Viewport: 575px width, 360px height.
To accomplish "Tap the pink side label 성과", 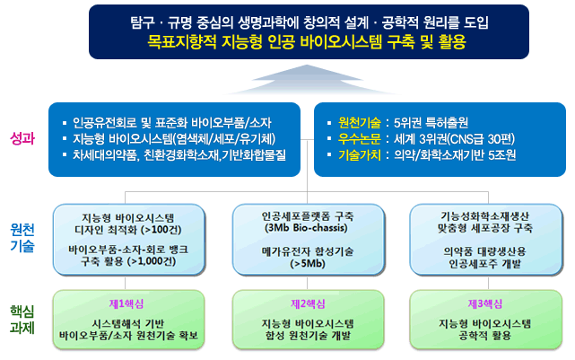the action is tap(22, 139).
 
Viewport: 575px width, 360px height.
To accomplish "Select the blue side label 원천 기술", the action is tap(22, 237).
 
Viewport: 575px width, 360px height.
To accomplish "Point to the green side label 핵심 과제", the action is tap(22, 320).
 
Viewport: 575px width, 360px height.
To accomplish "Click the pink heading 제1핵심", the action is tap(126, 303).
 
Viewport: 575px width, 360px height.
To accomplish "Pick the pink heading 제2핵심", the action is tap(308, 303).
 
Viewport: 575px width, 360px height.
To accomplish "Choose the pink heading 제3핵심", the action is tap(484, 303).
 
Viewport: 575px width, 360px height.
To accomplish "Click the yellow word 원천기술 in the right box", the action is tap(360, 123).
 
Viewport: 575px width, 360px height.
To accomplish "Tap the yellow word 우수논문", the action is tap(360, 139).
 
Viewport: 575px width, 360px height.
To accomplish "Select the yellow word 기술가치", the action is tap(360, 154).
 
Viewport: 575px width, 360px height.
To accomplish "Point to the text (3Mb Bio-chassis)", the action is tap(306, 228).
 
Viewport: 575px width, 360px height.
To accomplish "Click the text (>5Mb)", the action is tap(308, 263).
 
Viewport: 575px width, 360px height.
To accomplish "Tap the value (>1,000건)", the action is tap(152, 261).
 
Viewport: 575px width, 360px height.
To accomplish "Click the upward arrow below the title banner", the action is tap(308, 80).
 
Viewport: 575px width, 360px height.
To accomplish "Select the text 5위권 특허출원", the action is tap(431, 123).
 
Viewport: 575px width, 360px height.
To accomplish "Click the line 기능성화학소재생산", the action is tap(484, 216).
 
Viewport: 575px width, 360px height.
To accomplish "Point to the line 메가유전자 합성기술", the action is tap(308, 251).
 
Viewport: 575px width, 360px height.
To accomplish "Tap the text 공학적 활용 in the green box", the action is tap(484, 336).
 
